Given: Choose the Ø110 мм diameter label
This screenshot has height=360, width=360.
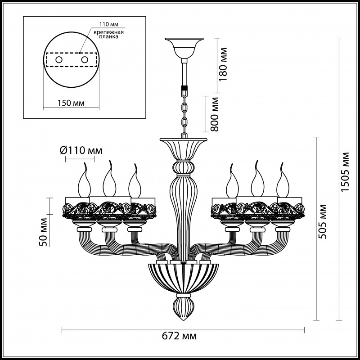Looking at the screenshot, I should pyautogui.click(x=81, y=150).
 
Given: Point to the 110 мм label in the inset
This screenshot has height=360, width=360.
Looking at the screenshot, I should pyautogui.click(x=108, y=25).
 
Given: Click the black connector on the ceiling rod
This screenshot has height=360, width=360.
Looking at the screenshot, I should pyautogui.click(x=184, y=88).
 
